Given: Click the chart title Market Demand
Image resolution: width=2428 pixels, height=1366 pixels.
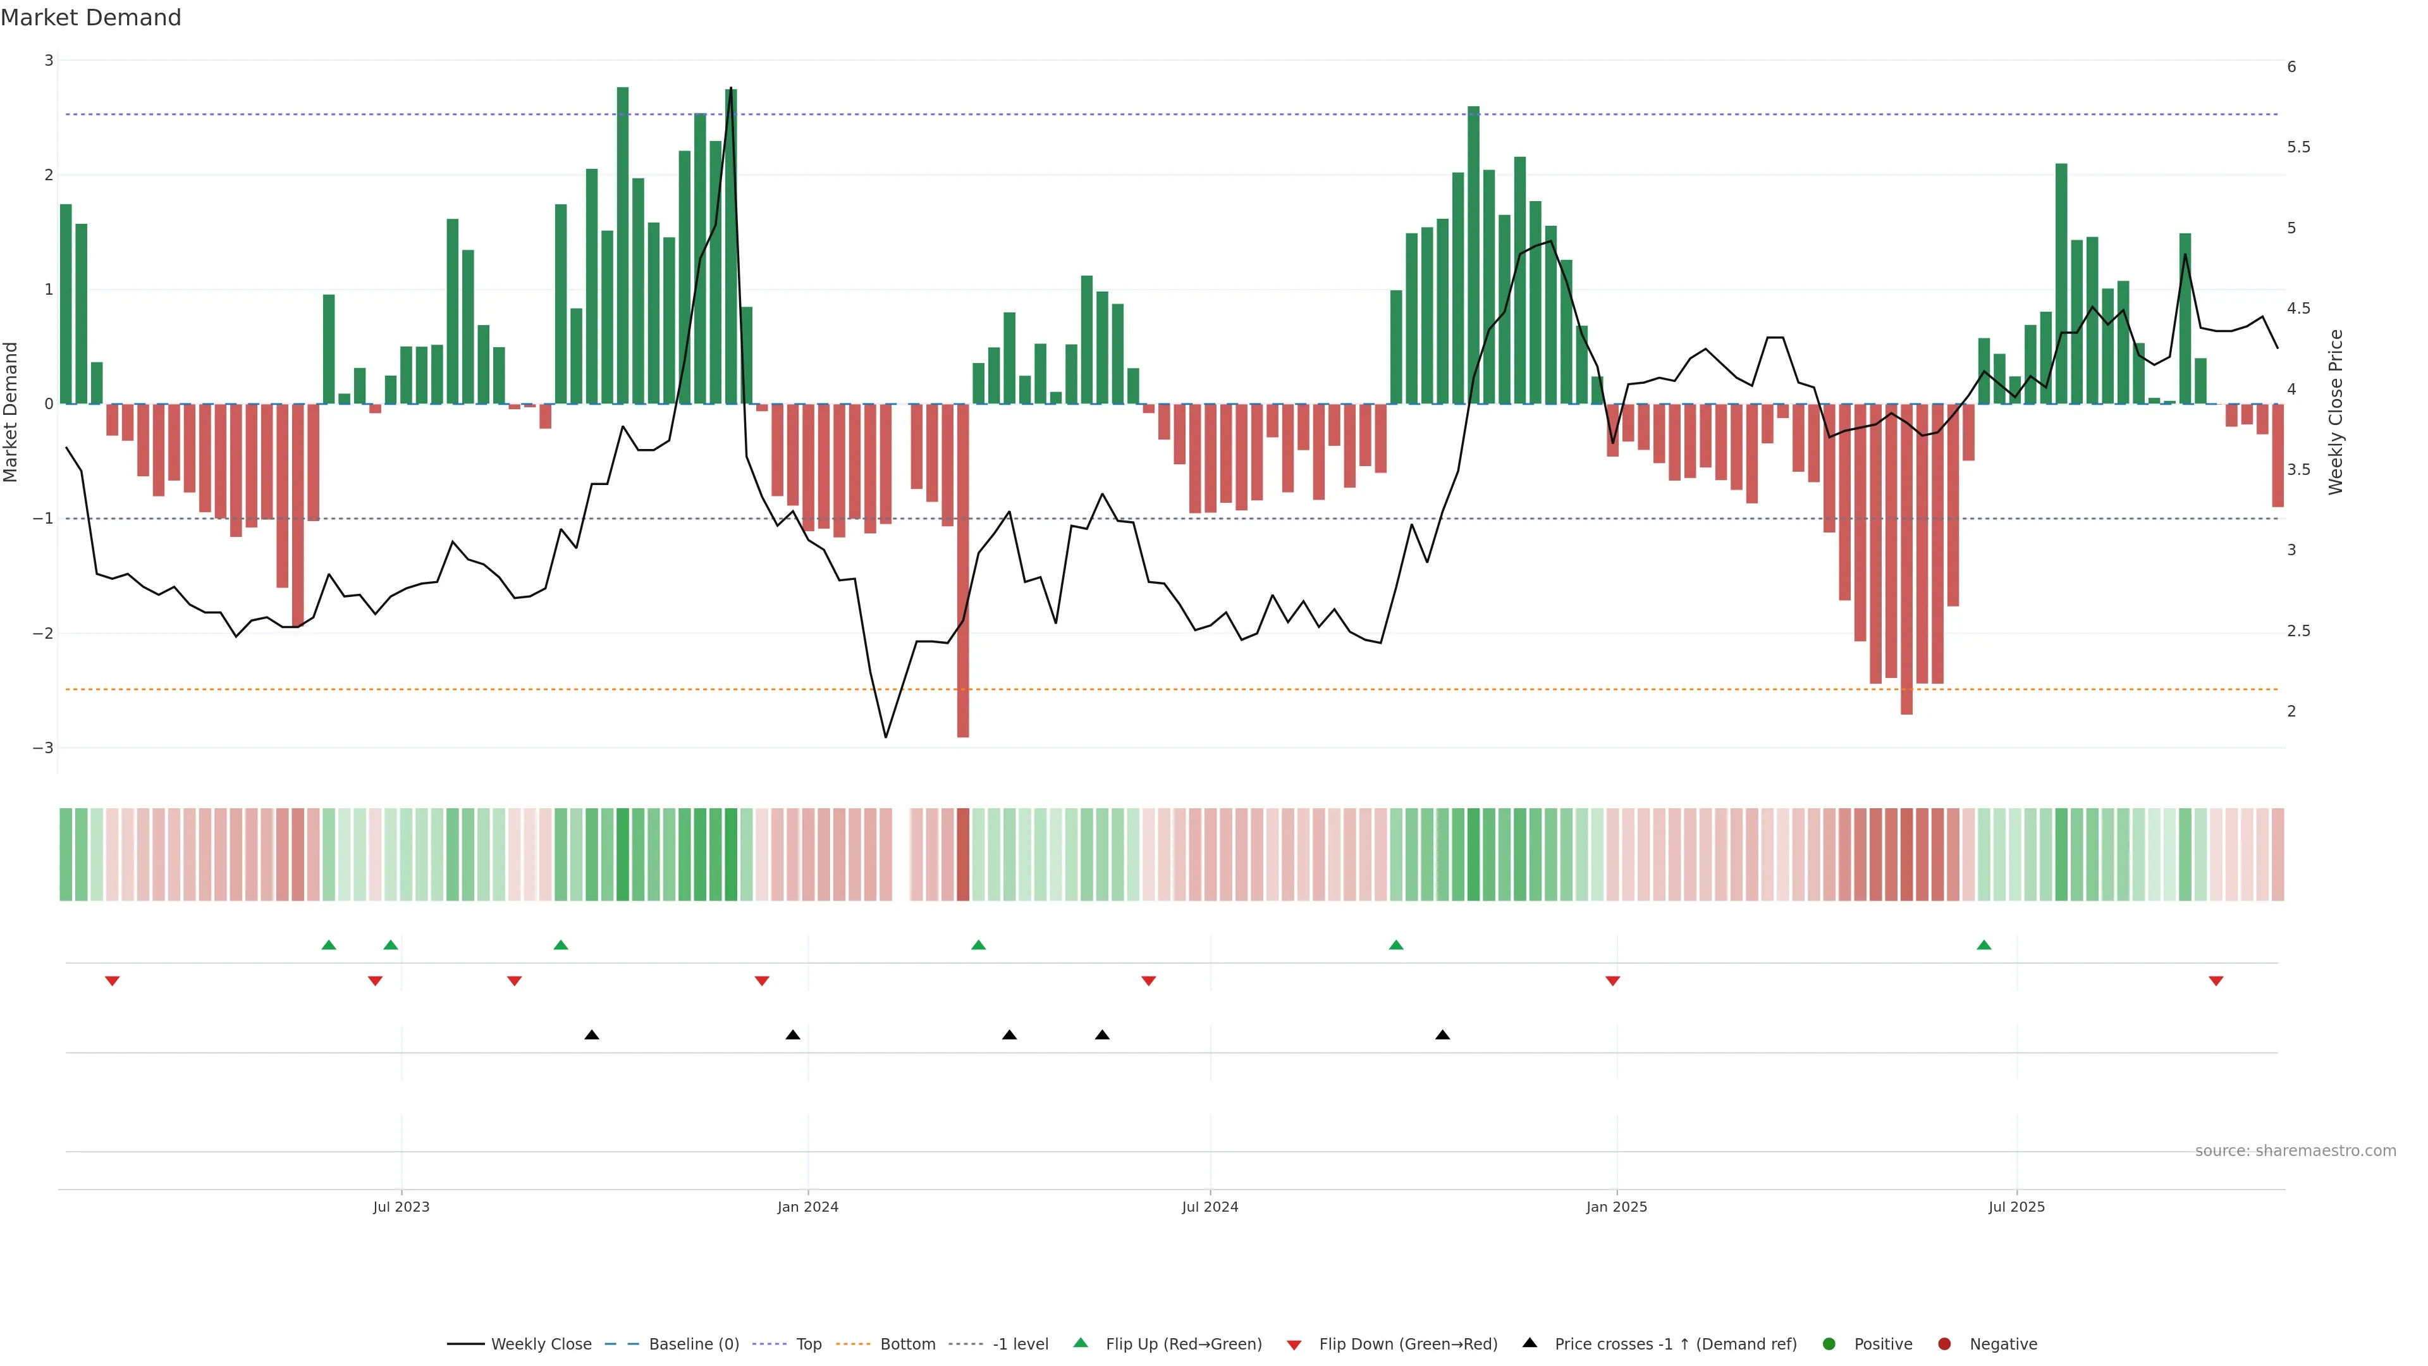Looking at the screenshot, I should (90, 18).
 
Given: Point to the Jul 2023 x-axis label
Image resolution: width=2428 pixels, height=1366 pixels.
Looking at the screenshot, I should (401, 1207).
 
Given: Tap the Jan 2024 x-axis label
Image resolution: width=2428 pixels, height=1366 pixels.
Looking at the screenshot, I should (808, 1207).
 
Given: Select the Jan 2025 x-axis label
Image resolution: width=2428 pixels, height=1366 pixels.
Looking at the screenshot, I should (1617, 1207).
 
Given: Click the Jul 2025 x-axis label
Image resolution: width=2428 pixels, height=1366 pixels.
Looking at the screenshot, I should (2016, 1207).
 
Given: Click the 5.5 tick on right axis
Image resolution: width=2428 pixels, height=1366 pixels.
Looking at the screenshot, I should (2298, 147).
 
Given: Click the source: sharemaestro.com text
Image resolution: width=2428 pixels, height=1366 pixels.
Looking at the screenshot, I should (2295, 1151).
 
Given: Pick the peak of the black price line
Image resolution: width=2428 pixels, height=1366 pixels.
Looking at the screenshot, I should (730, 89).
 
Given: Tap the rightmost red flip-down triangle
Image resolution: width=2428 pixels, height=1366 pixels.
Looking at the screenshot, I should (2216, 981).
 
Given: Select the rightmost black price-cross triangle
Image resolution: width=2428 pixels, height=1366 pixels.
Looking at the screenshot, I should (1442, 1035).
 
